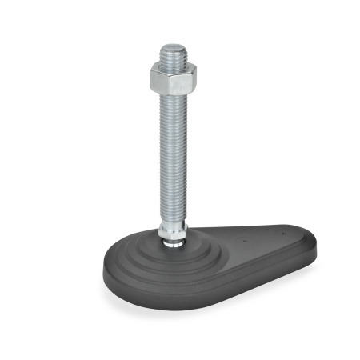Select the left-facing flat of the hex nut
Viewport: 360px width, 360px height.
click(158, 79)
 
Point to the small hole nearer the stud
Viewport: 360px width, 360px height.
click(239, 238)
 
